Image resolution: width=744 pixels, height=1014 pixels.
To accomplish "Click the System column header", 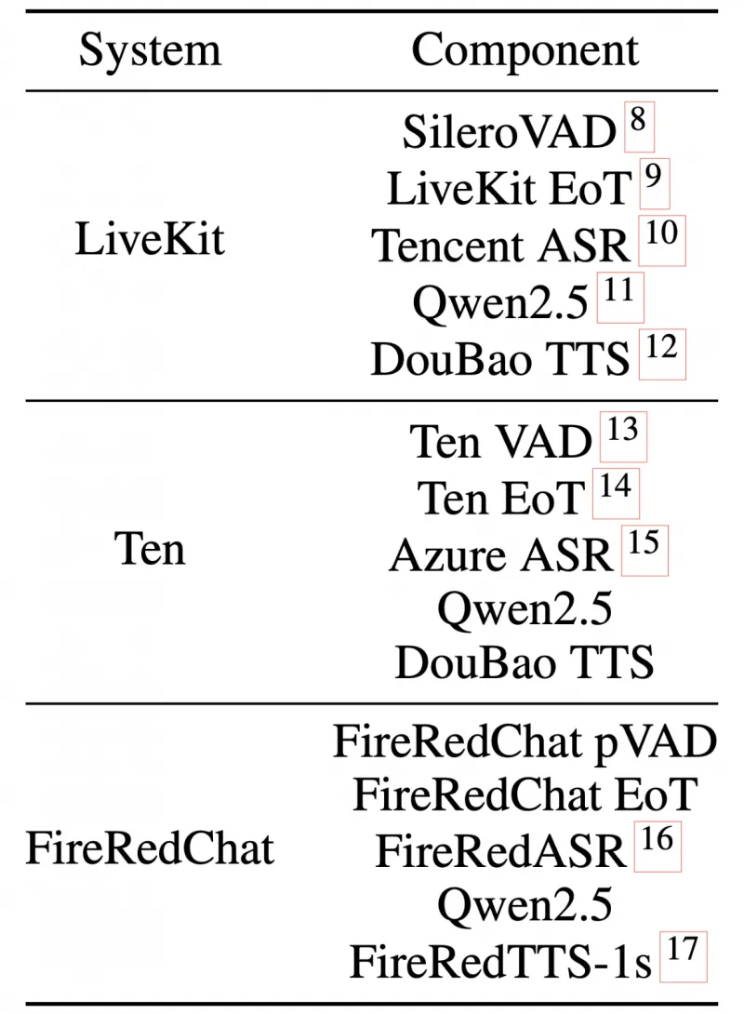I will tap(150, 49).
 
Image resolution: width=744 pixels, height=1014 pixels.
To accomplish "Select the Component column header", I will tap(525, 49).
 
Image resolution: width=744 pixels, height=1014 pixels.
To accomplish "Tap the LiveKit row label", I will tap(150, 239).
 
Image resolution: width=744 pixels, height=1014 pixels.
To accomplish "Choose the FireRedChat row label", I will tap(150, 848).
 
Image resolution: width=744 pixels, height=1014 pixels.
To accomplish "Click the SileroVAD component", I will tap(510, 133).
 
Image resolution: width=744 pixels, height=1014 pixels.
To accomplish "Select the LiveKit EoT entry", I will tap(509, 189).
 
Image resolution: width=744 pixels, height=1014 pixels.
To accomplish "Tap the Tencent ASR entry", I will tap(501, 246).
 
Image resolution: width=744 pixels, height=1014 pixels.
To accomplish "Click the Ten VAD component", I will tap(500, 442).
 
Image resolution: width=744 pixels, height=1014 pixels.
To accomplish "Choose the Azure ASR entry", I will tap(501, 555).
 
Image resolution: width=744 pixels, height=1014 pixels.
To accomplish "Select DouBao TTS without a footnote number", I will tap(525, 663).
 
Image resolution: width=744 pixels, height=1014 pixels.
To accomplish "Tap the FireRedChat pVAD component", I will tap(525, 741).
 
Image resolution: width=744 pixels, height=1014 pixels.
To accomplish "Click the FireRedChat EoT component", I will tap(525, 794).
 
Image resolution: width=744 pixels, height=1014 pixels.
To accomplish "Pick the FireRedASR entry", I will tap(500, 850).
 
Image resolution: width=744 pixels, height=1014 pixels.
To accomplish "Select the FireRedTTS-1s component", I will tap(500, 961).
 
